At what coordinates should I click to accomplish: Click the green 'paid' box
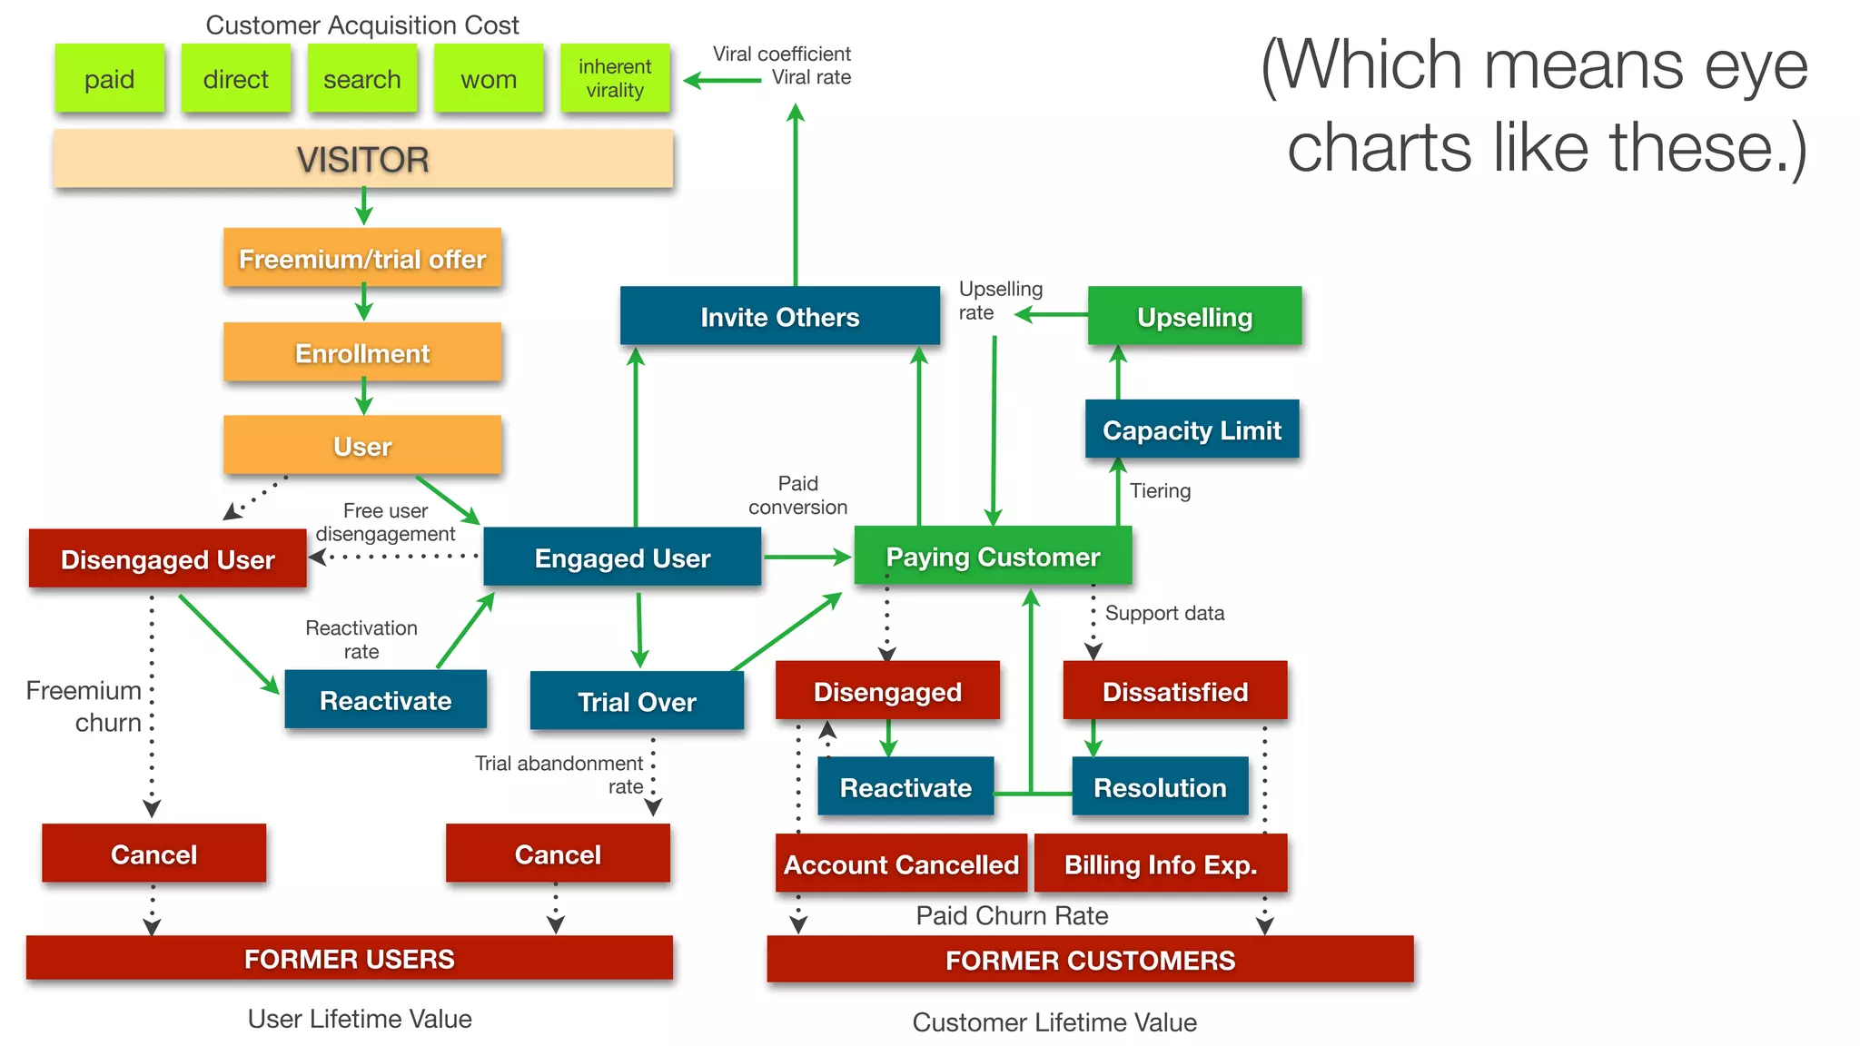[109, 79]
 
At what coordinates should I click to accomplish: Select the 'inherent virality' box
[615, 79]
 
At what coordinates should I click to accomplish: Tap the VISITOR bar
[362, 160]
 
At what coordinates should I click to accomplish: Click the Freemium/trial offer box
[362, 259]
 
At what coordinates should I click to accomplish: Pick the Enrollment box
[362, 353]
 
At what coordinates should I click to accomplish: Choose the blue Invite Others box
[779, 317]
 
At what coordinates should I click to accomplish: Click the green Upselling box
[1194, 317]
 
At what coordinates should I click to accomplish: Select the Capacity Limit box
[1192, 429]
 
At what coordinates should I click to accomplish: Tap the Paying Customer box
[993, 557]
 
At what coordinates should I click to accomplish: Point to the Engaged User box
[622, 558]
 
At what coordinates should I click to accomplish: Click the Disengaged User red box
[167, 559]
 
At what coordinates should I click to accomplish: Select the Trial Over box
[637, 701]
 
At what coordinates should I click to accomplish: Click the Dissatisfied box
[1174, 691]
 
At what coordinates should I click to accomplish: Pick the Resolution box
[1160, 787]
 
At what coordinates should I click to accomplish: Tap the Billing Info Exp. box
[1160, 864]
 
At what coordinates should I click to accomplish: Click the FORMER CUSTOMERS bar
[1090, 960]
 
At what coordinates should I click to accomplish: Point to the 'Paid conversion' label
[797, 496]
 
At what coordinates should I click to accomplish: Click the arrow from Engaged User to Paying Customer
[806, 557]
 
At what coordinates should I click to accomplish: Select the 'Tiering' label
[1160, 491]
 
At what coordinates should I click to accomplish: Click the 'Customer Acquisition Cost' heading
[362, 25]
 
